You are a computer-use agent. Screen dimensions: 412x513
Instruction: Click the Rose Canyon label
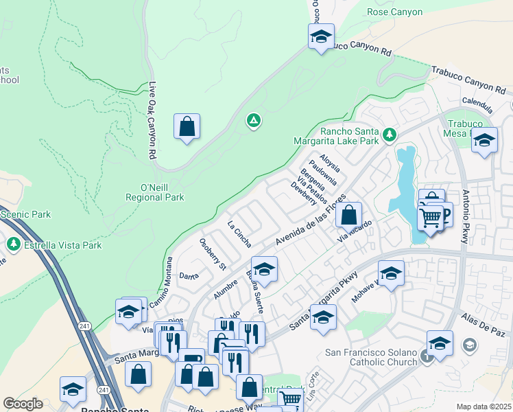(394, 12)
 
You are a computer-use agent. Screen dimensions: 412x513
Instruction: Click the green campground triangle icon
(254, 122)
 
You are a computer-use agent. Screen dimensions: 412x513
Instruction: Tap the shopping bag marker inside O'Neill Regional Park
(187, 127)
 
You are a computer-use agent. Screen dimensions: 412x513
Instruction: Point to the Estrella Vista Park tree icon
(13, 244)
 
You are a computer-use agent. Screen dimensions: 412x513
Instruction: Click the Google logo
(23, 404)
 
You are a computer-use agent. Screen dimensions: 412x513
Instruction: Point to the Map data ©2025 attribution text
(483, 407)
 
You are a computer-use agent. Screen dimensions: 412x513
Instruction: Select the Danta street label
(189, 276)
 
